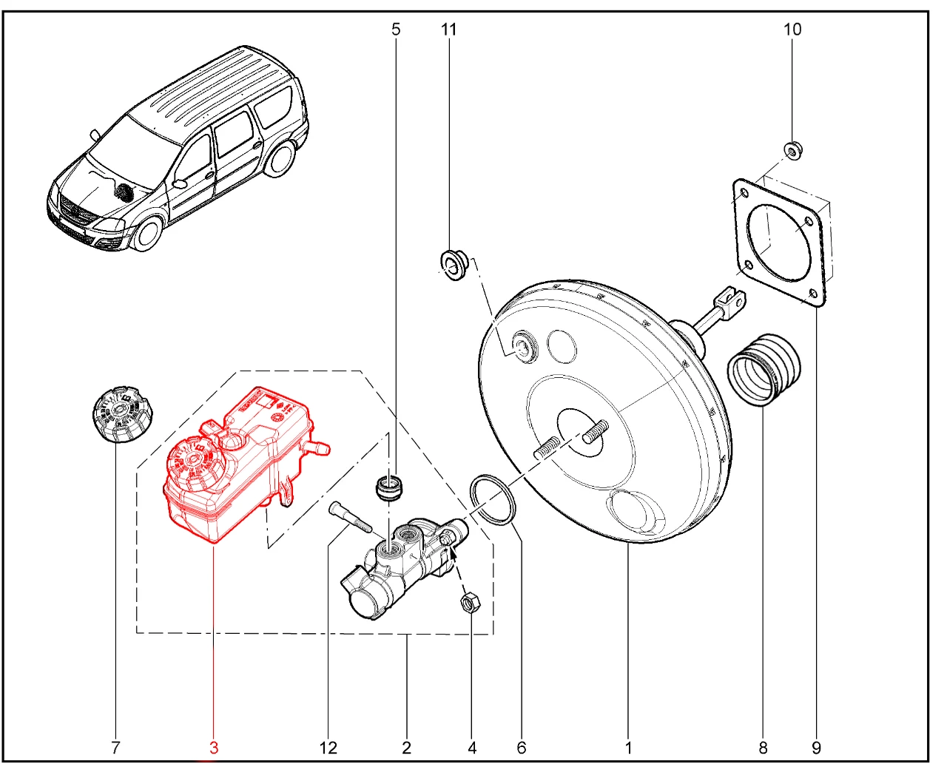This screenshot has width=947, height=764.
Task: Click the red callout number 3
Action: point(214,748)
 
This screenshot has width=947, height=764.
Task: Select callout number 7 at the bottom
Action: point(115,748)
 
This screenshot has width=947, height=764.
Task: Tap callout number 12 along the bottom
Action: point(328,748)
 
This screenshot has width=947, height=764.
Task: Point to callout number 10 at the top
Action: point(792,30)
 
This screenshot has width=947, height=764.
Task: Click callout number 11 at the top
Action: point(448,30)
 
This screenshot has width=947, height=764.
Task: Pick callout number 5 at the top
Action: point(396,30)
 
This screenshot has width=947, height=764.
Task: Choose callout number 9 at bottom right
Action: point(816,748)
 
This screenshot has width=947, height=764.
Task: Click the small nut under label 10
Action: point(792,152)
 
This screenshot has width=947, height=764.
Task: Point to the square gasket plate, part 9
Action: point(779,243)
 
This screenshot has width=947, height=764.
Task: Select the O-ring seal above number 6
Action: point(493,499)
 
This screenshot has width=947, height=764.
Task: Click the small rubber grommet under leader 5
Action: point(388,487)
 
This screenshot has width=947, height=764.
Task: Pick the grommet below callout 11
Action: point(453,265)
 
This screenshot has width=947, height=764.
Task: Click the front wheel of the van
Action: point(148,233)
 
